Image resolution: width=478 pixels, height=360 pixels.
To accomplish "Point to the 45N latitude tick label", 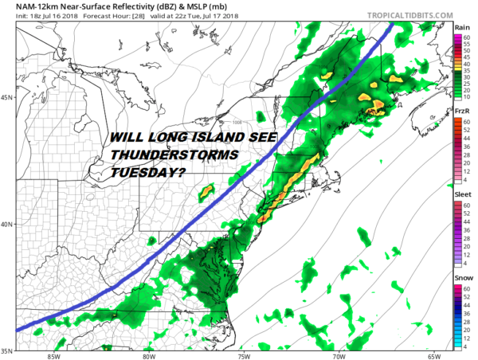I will pyautogui.click(x=8, y=97).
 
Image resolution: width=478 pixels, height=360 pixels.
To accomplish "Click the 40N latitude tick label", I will pyautogui.click(x=8, y=224).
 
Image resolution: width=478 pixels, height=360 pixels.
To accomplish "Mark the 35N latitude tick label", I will pyautogui.click(x=8, y=350).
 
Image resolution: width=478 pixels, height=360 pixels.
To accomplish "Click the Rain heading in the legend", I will pyautogui.click(x=462, y=27).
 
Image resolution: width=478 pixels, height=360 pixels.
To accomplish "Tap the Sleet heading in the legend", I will pyautogui.click(x=462, y=194).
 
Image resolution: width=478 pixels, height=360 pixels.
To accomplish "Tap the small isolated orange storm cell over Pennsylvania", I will pyautogui.click(x=209, y=190).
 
